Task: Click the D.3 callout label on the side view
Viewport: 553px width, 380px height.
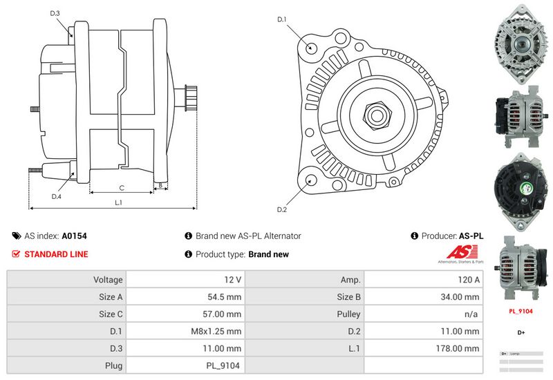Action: (x=55, y=13)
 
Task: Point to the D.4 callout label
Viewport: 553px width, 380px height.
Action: (x=57, y=196)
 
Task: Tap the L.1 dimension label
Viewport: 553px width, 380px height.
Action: (x=118, y=202)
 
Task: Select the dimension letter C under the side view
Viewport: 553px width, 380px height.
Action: (x=121, y=187)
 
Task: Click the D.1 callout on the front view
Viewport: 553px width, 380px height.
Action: (x=282, y=19)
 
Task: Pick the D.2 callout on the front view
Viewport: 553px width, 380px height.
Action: (x=282, y=209)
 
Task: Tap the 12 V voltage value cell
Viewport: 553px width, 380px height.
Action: (x=186, y=280)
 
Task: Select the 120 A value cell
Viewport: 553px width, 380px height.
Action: (x=422, y=280)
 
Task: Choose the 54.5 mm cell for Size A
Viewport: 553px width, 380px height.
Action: (x=186, y=297)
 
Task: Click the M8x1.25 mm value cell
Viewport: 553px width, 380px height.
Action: (x=186, y=331)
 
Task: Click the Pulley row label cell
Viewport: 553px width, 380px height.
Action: (x=304, y=314)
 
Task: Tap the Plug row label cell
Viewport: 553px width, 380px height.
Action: (x=67, y=365)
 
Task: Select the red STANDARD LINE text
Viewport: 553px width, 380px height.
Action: (x=56, y=254)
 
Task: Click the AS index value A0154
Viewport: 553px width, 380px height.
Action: (x=74, y=236)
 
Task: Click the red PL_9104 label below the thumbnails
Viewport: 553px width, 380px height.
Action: (x=521, y=311)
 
